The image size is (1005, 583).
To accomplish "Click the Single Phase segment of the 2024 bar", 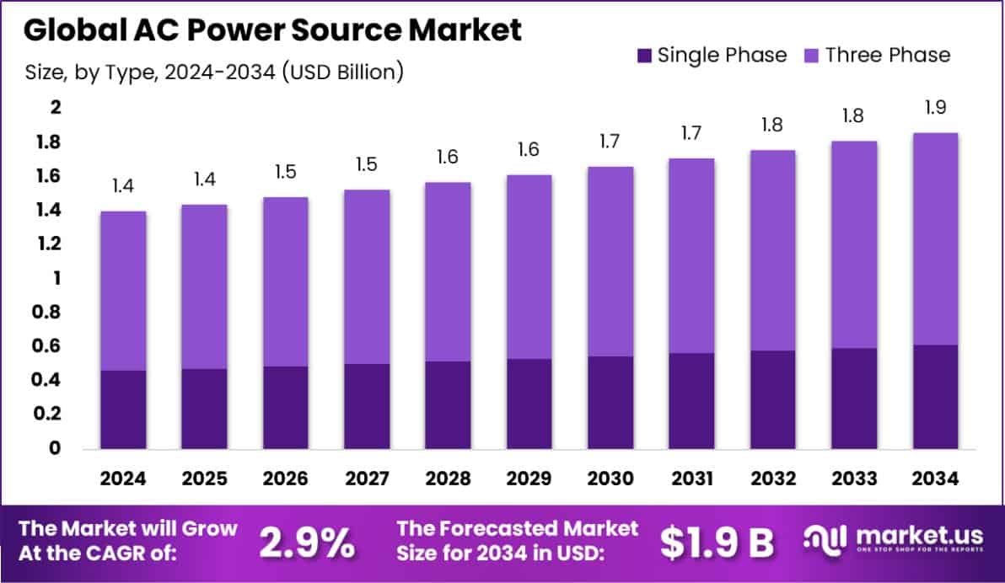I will pyautogui.click(x=123, y=409).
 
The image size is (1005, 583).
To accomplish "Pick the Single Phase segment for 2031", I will pyautogui.click(x=692, y=400).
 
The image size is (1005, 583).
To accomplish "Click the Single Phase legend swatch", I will pyautogui.click(x=644, y=56).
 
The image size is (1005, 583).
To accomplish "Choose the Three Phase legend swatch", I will pyautogui.click(x=812, y=56).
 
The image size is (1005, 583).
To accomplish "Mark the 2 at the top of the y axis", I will pyautogui.click(x=56, y=108).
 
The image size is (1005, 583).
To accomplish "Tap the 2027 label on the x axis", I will pyautogui.click(x=367, y=479).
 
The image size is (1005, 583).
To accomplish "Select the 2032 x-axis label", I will pyautogui.click(x=773, y=479).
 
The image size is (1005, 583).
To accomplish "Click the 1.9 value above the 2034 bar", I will pyautogui.click(x=936, y=107).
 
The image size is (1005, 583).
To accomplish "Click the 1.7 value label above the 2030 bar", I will pyautogui.click(x=610, y=141).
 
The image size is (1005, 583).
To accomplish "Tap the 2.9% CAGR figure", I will pyautogui.click(x=306, y=543).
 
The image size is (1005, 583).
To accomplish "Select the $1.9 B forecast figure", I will pyautogui.click(x=717, y=543).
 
